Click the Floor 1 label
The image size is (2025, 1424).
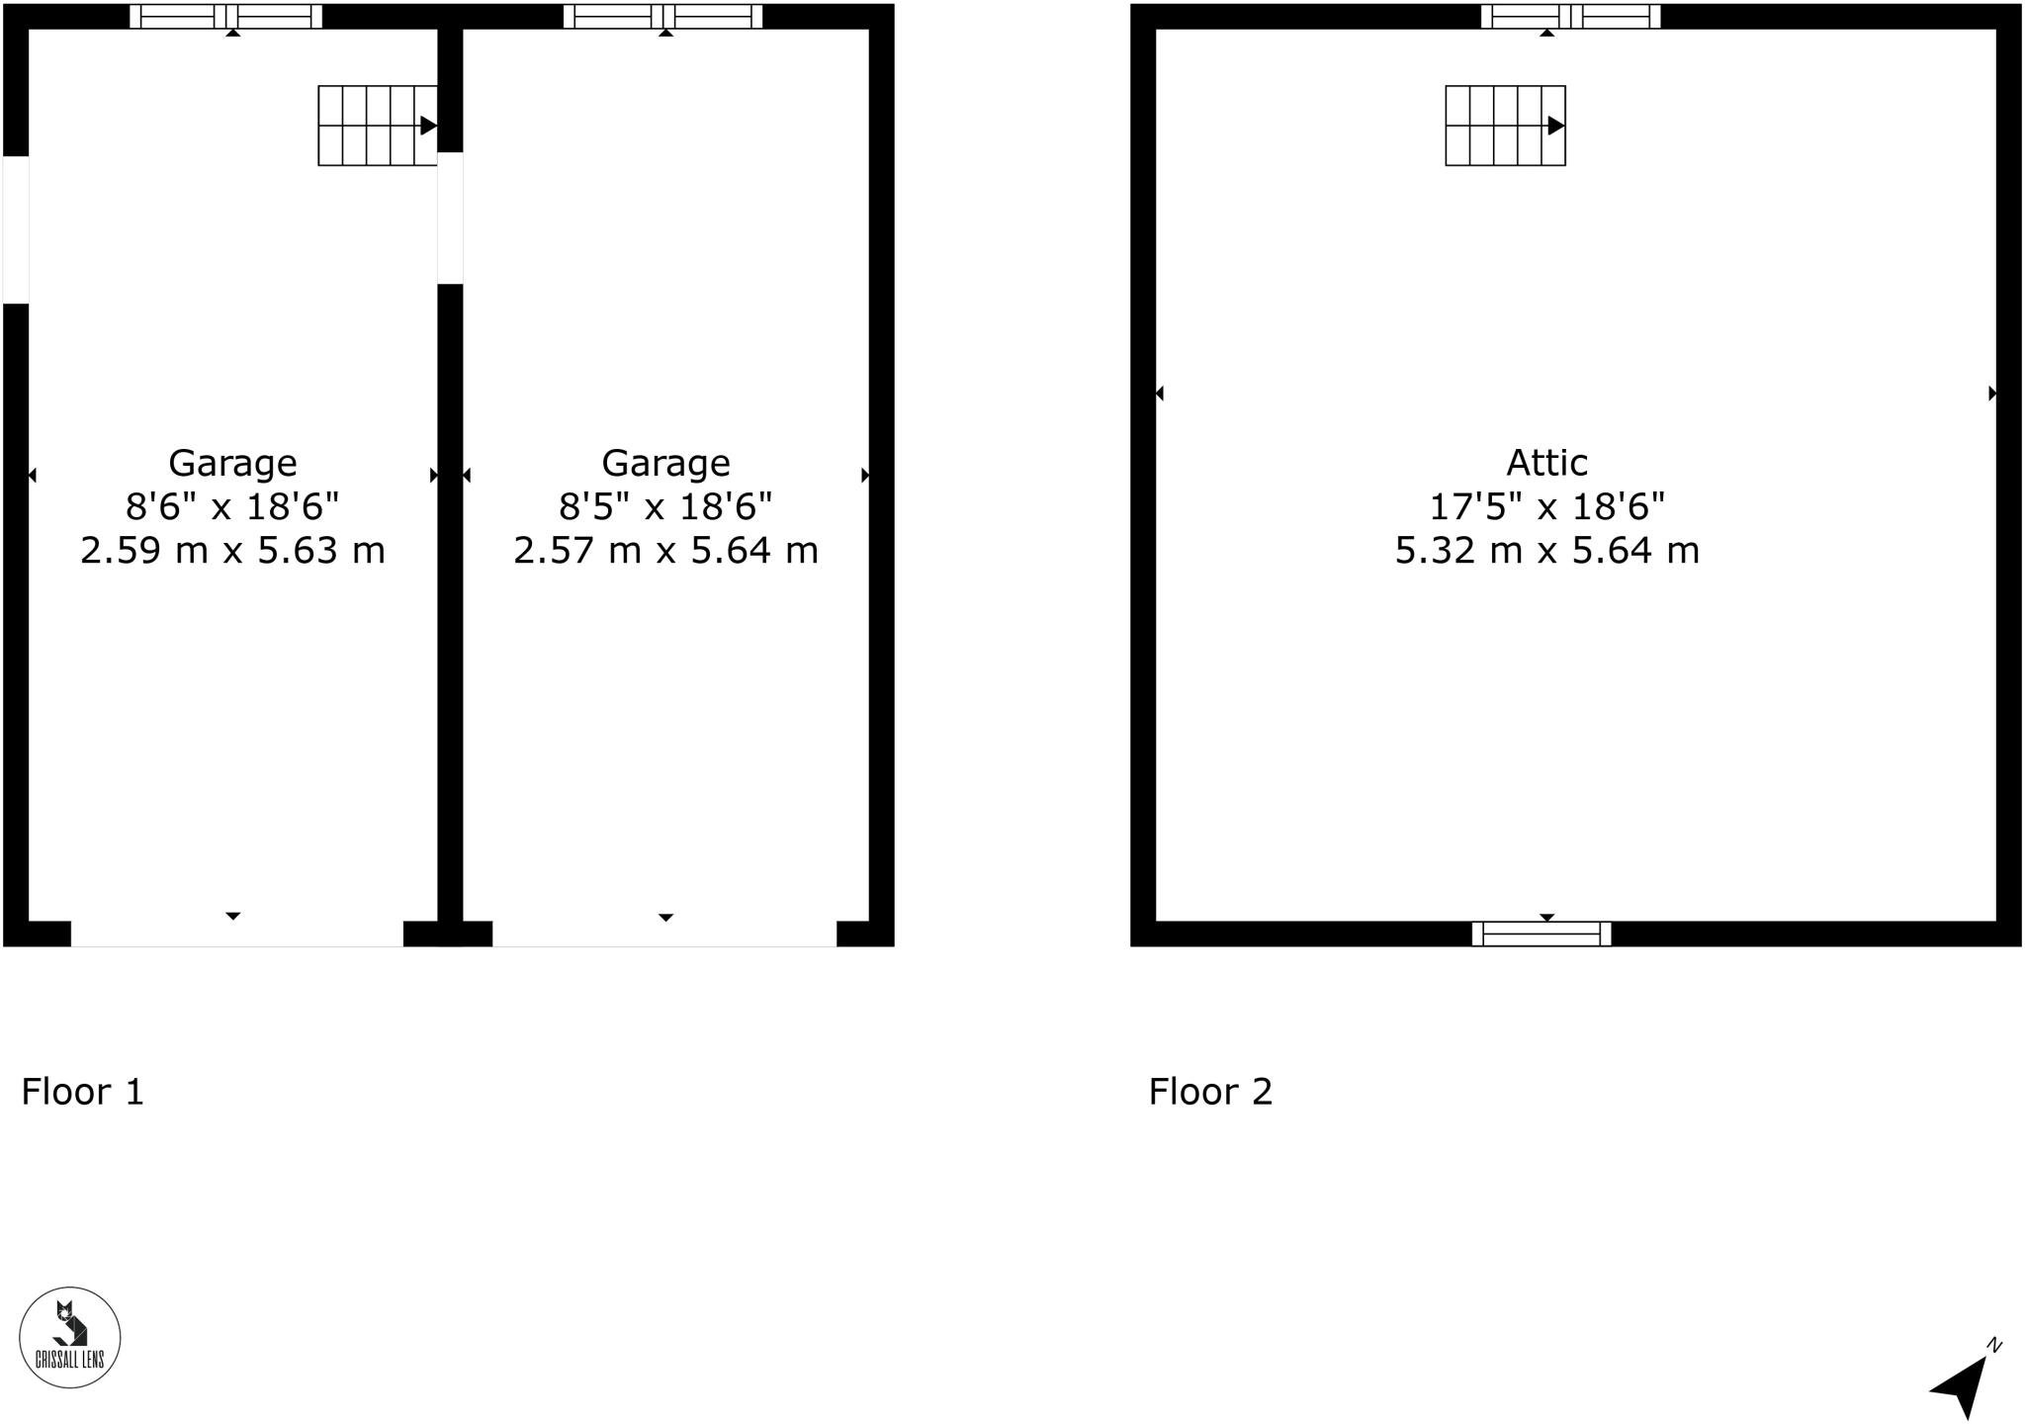click(x=83, y=1092)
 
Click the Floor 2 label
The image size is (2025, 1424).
click(x=1210, y=1092)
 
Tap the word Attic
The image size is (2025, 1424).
click(x=1546, y=463)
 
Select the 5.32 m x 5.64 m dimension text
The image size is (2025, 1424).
click(x=1546, y=551)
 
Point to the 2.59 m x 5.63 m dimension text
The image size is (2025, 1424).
click(x=232, y=551)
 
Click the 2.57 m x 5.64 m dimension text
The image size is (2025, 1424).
click(x=665, y=551)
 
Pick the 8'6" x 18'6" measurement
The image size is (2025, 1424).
click(x=232, y=507)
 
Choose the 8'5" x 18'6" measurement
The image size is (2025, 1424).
click(x=665, y=507)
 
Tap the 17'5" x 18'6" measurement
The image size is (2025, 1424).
click(x=1546, y=507)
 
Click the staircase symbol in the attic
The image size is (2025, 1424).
click(x=1505, y=126)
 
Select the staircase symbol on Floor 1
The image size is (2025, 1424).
click(x=378, y=126)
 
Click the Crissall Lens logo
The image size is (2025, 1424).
click(x=70, y=1337)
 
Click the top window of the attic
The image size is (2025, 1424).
click(x=1570, y=17)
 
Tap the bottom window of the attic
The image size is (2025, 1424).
click(x=1541, y=934)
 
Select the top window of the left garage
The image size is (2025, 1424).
click(x=226, y=17)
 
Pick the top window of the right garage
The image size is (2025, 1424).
click(x=663, y=17)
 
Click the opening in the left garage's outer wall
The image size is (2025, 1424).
click(x=16, y=229)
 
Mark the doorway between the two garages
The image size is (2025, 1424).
click(x=450, y=218)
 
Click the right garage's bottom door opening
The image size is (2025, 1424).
click(x=664, y=934)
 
